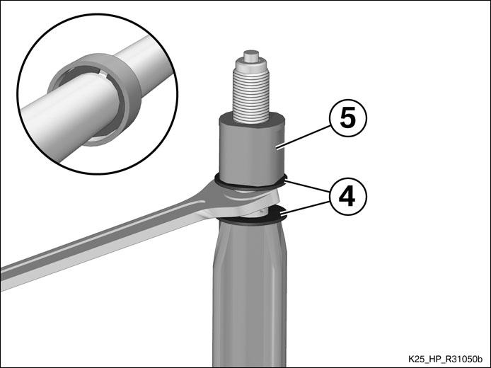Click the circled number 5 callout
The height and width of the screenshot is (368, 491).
(x=347, y=118)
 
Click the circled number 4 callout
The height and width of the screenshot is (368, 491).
(x=347, y=196)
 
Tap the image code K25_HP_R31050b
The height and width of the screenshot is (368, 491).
(x=448, y=359)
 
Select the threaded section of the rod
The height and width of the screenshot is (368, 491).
(x=251, y=96)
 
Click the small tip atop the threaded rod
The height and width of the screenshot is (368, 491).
(x=251, y=55)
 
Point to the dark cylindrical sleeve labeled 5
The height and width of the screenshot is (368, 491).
(x=252, y=149)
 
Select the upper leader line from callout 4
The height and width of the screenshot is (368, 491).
(x=307, y=185)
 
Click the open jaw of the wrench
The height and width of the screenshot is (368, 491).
(x=250, y=200)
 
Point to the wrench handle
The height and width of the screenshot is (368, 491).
(x=103, y=248)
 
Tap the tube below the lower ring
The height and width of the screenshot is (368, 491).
(x=250, y=294)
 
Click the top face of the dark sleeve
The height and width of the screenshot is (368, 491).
(x=252, y=119)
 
